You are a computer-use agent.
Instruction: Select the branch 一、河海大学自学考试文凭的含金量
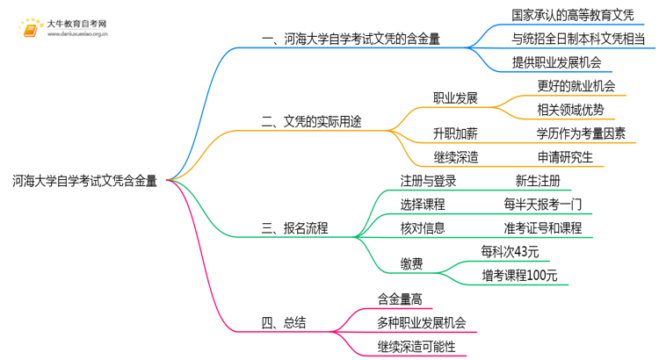[x=351, y=39]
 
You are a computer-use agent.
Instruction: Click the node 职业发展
[x=455, y=98]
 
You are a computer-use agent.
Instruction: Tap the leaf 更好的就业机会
[x=576, y=86]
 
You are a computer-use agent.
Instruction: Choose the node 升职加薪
[x=455, y=133]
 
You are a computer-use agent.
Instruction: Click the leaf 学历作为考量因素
[x=581, y=133]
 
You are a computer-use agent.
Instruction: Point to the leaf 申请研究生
[x=565, y=157]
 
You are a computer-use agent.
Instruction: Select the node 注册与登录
[x=427, y=181]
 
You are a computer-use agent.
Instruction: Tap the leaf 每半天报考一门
[x=537, y=205]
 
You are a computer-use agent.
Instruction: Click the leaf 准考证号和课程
[x=542, y=228]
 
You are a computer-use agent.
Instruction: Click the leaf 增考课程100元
[x=518, y=276]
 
